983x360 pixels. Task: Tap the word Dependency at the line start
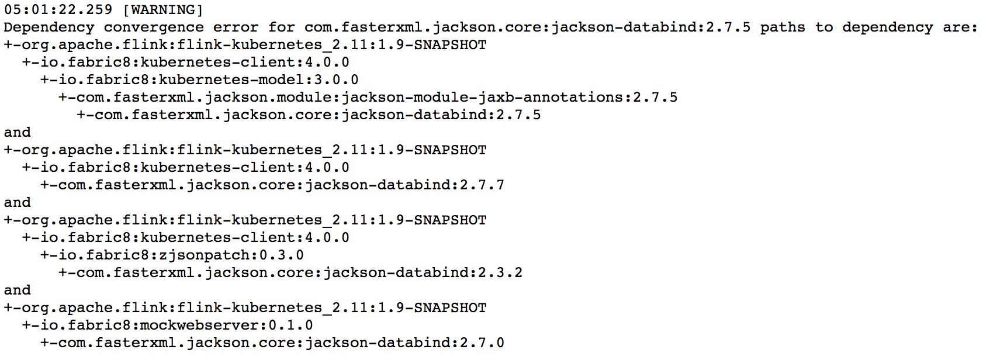pyautogui.click(x=49, y=27)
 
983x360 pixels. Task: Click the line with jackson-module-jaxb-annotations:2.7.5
pyautogui.click(x=368, y=97)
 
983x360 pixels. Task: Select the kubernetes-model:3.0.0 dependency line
pyautogui.click(x=199, y=79)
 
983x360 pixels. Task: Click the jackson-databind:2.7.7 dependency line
pyautogui.click(x=272, y=185)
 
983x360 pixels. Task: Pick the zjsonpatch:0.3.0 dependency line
pyautogui.click(x=172, y=255)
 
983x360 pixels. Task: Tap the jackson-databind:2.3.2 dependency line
pyautogui.click(x=290, y=272)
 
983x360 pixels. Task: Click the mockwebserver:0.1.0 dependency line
pyautogui.click(x=167, y=325)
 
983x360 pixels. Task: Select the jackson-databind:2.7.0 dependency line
pyautogui.click(x=272, y=342)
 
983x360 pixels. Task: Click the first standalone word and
pyautogui.click(x=17, y=132)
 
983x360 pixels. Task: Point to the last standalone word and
pyautogui.click(x=17, y=290)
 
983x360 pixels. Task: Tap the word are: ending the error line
pyautogui.click(x=960, y=27)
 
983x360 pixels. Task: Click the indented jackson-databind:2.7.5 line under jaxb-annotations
pyautogui.click(x=309, y=115)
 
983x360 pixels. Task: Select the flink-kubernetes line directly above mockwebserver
pyautogui.click(x=245, y=307)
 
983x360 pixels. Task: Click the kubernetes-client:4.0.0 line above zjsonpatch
pyautogui.click(x=186, y=237)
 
